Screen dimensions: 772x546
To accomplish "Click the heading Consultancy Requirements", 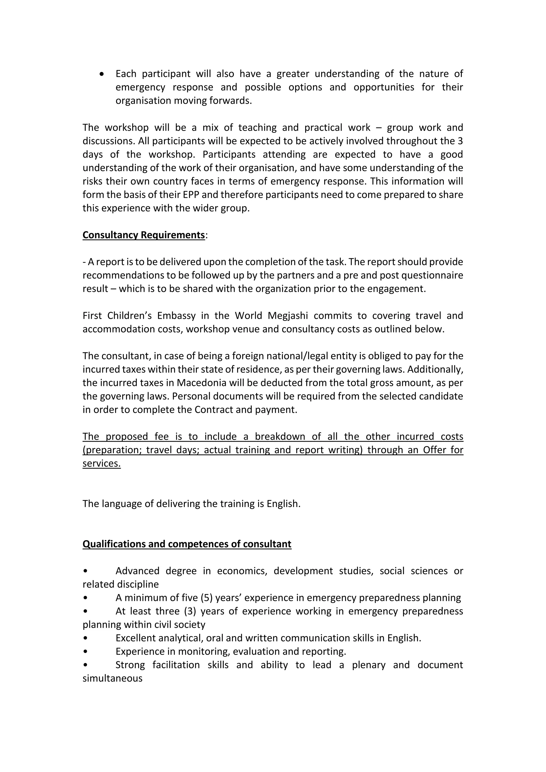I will (143, 235).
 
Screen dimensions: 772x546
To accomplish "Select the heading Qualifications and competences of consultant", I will (187, 544).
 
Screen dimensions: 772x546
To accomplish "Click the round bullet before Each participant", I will (102, 74).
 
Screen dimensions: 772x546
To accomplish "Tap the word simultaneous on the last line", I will (112, 678).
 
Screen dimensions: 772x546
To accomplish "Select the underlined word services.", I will (102, 464).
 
